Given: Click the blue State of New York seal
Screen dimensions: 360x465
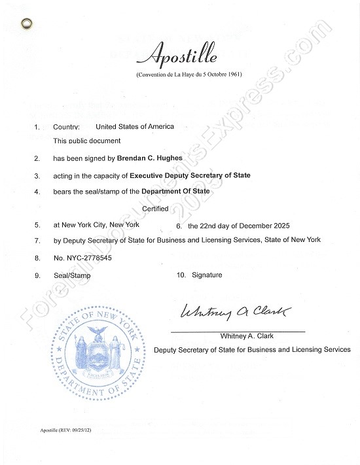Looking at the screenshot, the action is [x=96, y=354].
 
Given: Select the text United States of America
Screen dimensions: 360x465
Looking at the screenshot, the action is [x=135, y=126].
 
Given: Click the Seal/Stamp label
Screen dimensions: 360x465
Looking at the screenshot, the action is [x=72, y=275].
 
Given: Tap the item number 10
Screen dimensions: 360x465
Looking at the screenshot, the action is [x=181, y=275].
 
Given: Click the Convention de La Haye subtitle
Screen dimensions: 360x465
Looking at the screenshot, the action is [x=189, y=75].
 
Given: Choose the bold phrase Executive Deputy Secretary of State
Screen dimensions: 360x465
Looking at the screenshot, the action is [x=190, y=175].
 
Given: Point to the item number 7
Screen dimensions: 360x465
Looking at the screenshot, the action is [x=37, y=241].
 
